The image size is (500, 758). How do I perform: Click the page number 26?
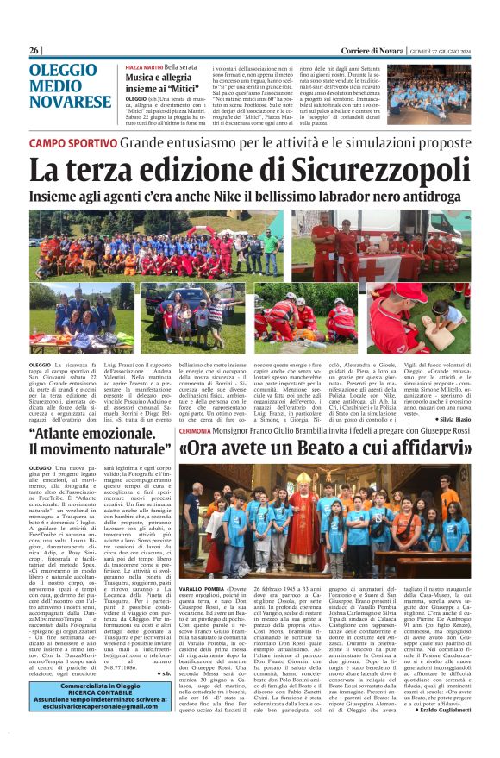pos(34,51)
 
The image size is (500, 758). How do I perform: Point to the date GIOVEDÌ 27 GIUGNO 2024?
pos(439,51)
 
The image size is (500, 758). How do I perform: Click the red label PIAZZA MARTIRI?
pos(143,66)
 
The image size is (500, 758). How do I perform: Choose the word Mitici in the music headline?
pos(186,87)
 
